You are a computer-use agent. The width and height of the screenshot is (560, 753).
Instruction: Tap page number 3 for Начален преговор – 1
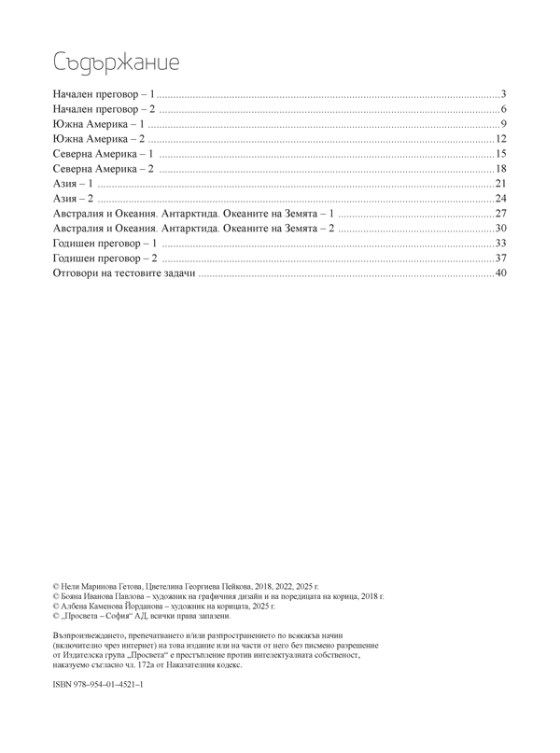coord(502,95)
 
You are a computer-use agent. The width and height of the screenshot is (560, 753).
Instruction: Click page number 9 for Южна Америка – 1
coord(502,125)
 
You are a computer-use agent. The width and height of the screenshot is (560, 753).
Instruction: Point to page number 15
coord(500,154)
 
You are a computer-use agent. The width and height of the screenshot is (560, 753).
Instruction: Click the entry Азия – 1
coord(74,184)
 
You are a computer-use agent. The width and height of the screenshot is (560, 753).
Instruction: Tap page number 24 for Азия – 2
coord(500,199)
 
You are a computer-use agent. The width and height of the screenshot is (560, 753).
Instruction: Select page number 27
coord(500,214)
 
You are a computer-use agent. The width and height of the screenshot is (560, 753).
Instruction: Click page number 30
coord(500,229)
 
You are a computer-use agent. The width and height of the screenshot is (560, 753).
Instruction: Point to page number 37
coord(500,258)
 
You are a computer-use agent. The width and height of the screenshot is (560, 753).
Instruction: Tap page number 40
coord(500,273)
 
